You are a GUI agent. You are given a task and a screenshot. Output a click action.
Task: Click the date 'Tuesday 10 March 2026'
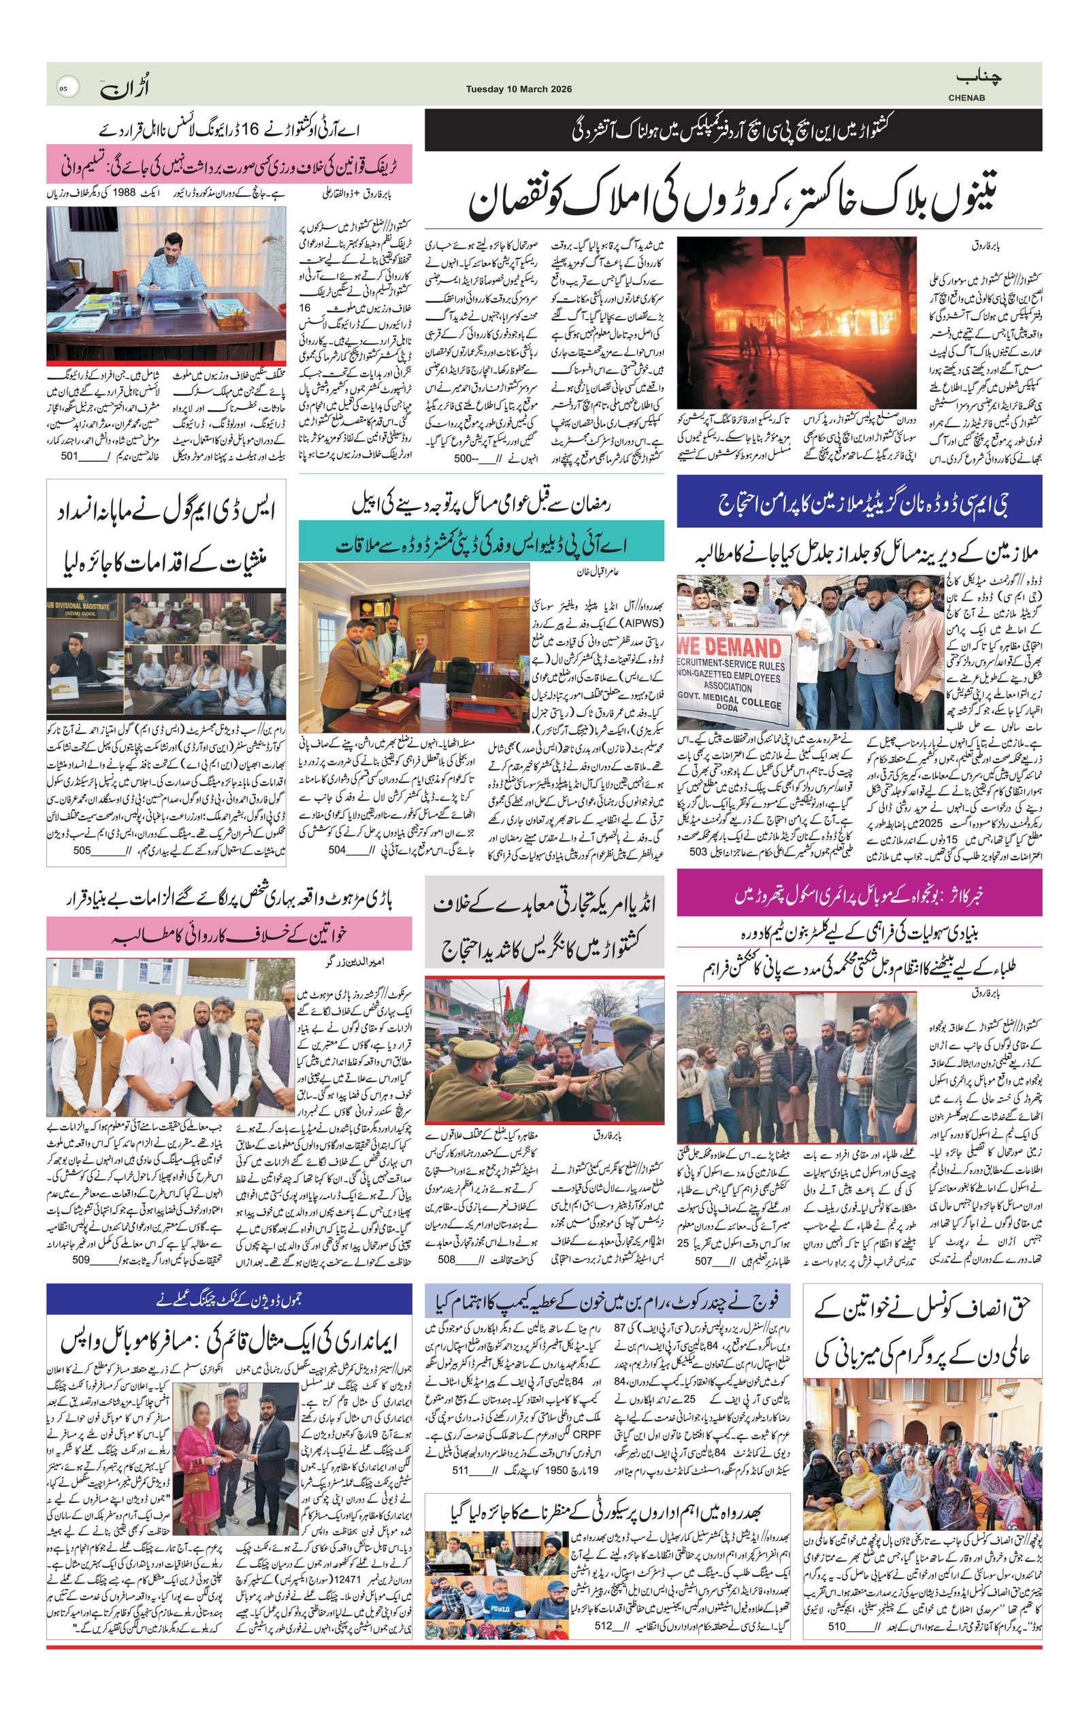pos(519,90)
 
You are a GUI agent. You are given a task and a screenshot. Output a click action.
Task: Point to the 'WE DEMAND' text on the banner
pos(730,647)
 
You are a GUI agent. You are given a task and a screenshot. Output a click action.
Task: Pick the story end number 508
pos(446,1260)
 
